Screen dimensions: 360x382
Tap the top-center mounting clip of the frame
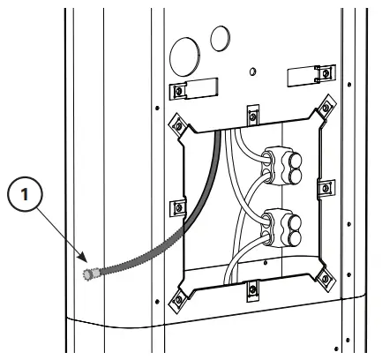click(251, 113)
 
